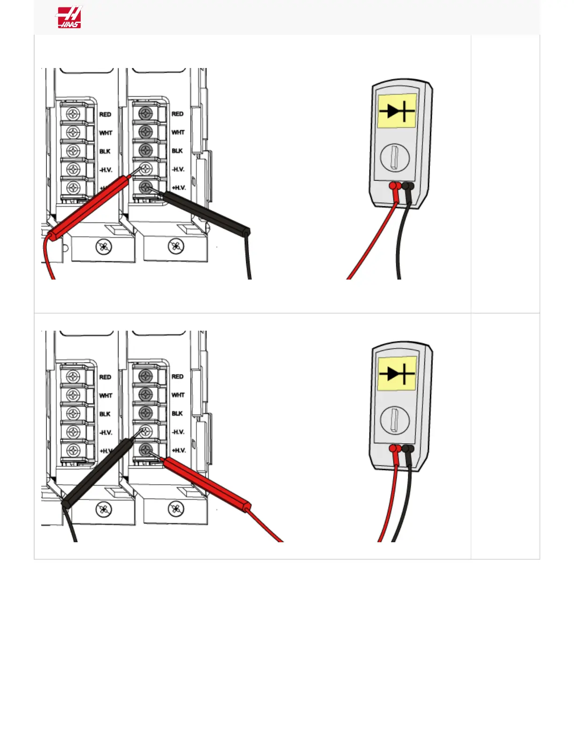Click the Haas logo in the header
pos(69,17)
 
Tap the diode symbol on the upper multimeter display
pos(397,111)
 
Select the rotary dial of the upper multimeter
pos(394,158)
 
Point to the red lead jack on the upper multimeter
pos(393,186)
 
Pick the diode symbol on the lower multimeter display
pos(397,374)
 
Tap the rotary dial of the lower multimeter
pos(394,420)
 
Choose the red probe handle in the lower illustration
pos(206,484)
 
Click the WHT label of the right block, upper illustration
pos(178,132)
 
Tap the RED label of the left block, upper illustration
pos(105,114)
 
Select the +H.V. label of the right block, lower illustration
pos(179,450)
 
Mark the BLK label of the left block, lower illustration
pos(105,414)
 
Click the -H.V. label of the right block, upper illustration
pos(178,169)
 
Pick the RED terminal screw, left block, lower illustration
pos(73,377)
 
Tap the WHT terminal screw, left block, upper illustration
pos(73,132)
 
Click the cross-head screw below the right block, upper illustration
pos(176,246)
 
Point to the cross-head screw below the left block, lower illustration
pos(104,509)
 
